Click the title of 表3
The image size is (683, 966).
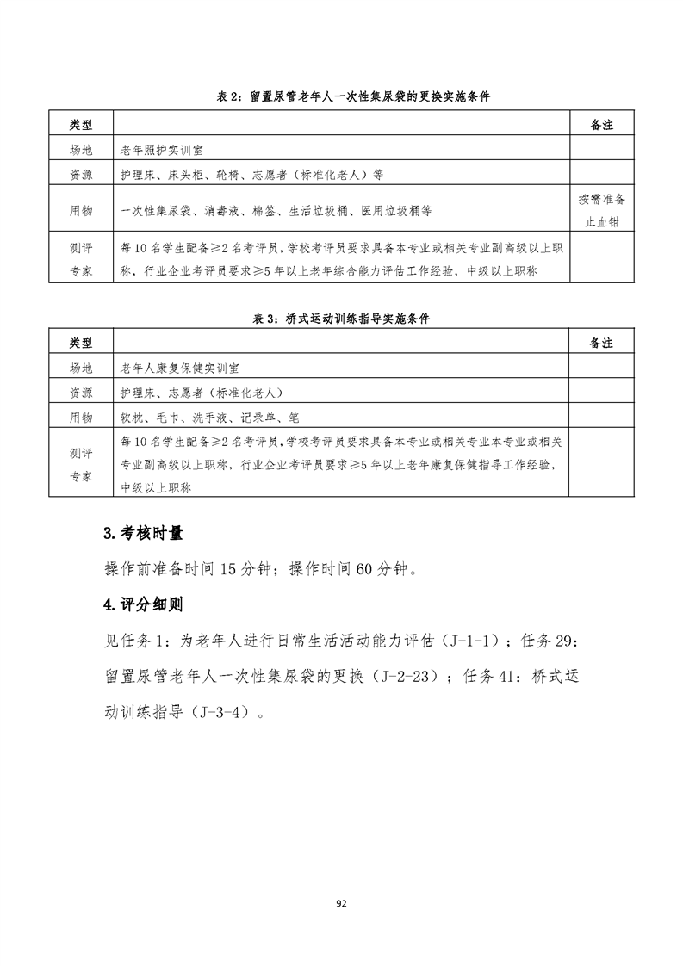[x=341, y=318]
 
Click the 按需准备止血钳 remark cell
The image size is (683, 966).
[x=601, y=211]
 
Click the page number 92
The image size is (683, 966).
[x=341, y=903]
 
